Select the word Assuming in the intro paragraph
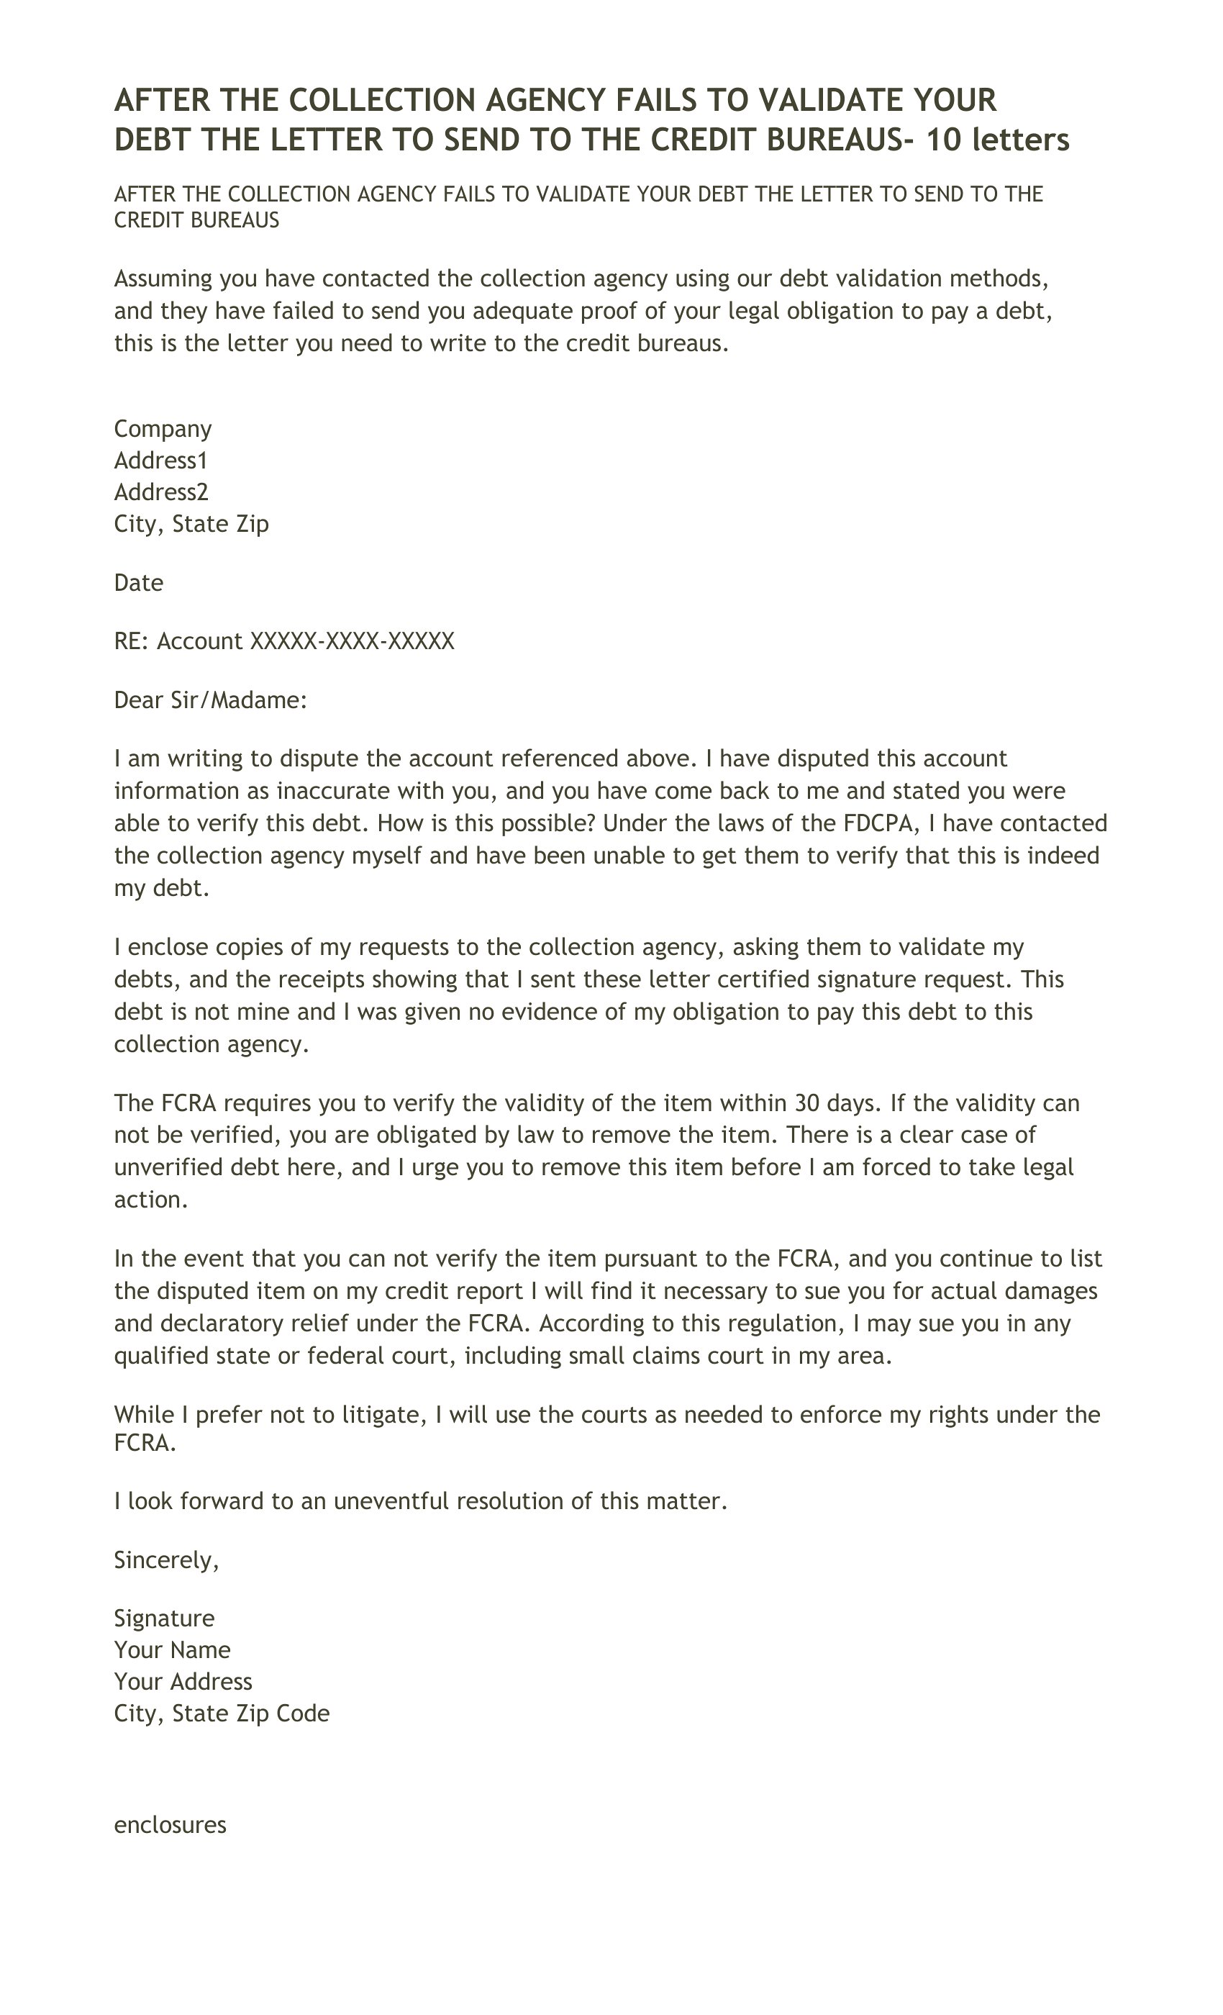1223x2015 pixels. pyautogui.click(x=163, y=279)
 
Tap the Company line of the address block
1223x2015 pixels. pyautogui.click(x=163, y=428)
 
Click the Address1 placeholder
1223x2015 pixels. pyautogui.click(x=161, y=461)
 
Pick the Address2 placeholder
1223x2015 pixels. pyautogui.click(x=161, y=492)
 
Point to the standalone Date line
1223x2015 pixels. pyautogui.click(x=138, y=582)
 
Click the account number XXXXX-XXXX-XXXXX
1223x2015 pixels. pyautogui.click(x=352, y=640)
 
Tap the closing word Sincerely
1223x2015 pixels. pyautogui.click(x=166, y=1560)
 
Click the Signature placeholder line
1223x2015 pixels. pyautogui.click(x=164, y=1618)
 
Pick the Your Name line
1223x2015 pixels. pyautogui.click(x=172, y=1649)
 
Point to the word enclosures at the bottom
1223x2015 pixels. pyautogui.click(x=170, y=1825)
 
